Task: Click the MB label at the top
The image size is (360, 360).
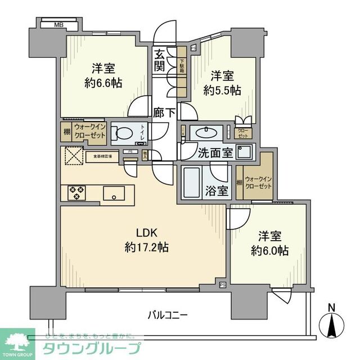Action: click(x=58, y=25)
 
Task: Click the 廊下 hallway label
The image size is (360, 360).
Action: click(x=164, y=112)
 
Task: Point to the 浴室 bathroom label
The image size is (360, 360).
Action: click(x=216, y=190)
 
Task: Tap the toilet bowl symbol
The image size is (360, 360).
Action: click(x=121, y=133)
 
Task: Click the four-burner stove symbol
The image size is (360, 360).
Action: click(x=76, y=192)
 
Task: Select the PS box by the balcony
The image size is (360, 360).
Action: click(x=223, y=286)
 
